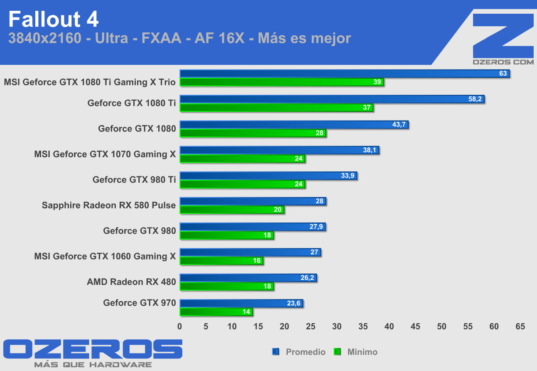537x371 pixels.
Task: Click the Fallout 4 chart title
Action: pyautogui.click(x=54, y=19)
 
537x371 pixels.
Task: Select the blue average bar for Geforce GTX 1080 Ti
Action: pyautogui.click(x=331, y=99)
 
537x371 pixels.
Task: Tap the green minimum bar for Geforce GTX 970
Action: pyautogui.click(x=216, y=312)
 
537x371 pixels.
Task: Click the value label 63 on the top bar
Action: pyautogui.click(x=503, y=74)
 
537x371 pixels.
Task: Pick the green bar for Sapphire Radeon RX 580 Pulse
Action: pyautogui.click(x=231, y=210)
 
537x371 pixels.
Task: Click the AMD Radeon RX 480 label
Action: pyautogui.click(x=131, y=282)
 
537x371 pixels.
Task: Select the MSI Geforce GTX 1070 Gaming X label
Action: pyautogui.click(x=105, y=154)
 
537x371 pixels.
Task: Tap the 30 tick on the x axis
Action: pyautogui.click(x=337, y=326)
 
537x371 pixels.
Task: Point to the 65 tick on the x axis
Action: pyautogui.click(x=520, y=326)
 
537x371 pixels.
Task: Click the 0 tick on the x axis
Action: pyautogui.click(x=180, y=326)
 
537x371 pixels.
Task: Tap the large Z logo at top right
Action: pyautogui.click(x=503, y=35)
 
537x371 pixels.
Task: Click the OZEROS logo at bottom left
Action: pyautogui.click(x=93, y=349)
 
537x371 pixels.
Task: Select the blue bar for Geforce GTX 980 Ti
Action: pyautogui.click(x=268, y=176)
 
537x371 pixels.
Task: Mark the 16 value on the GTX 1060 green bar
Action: pyautogui.click(x=257, y=261)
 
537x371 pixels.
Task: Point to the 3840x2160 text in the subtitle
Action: pyautogui.click(x=44, y=39)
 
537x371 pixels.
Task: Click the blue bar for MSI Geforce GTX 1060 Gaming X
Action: pyautogui.click(x=250, y=252)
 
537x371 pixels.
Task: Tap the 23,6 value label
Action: pyautogui.click(x=294, y=304)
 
